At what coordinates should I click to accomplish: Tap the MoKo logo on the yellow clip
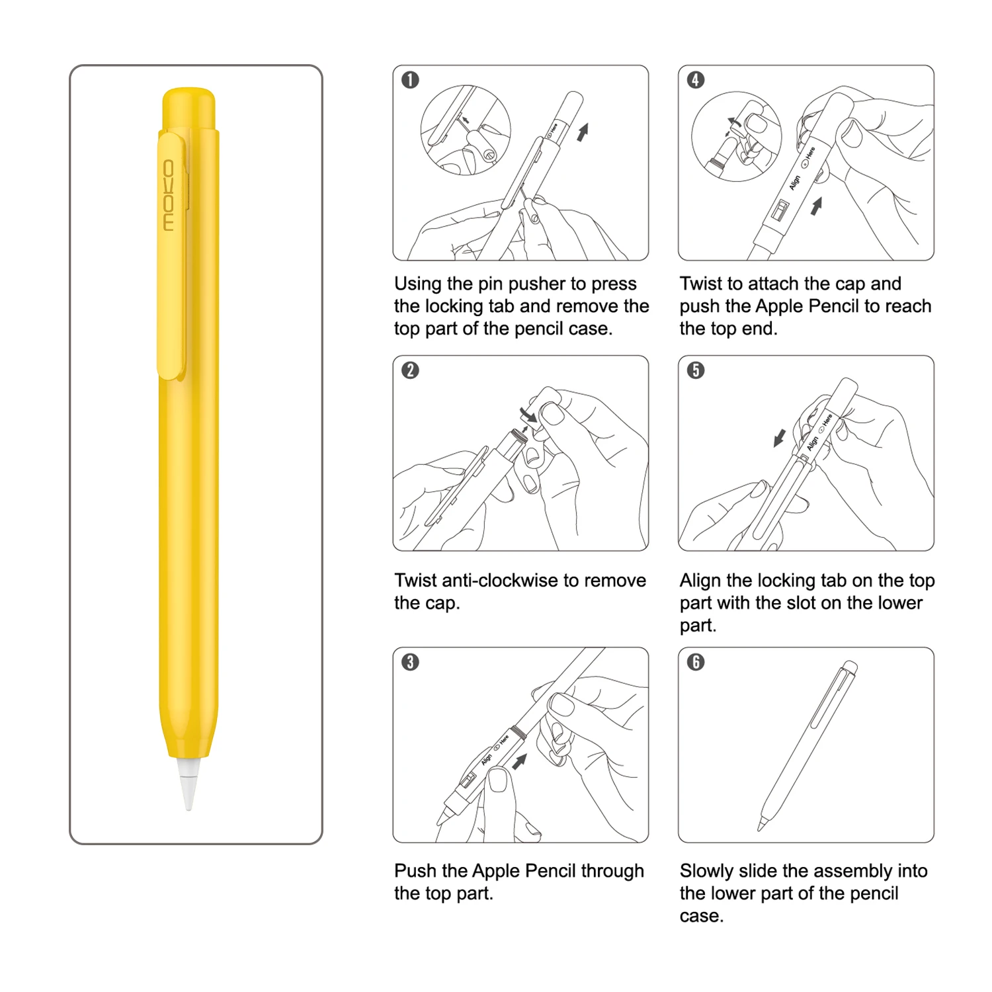pos(169,195)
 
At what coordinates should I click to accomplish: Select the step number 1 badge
pos(410,80)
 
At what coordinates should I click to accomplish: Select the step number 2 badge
pos(410,370)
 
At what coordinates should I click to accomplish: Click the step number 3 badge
pos(410,662)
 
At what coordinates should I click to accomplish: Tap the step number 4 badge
pos(696,80)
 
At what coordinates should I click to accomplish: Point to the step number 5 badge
pos(696,370)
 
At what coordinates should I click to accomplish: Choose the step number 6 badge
pos(696,662)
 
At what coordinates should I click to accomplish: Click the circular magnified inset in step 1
pos(465,130)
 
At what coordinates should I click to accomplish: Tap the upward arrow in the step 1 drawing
pos(582,132)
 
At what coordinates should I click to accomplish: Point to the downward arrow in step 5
pos(780,437)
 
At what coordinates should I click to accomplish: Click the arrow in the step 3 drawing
pos(520,761)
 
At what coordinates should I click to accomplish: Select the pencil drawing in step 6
pos(808,744)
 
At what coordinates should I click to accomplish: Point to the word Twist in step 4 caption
pos(700,284)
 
